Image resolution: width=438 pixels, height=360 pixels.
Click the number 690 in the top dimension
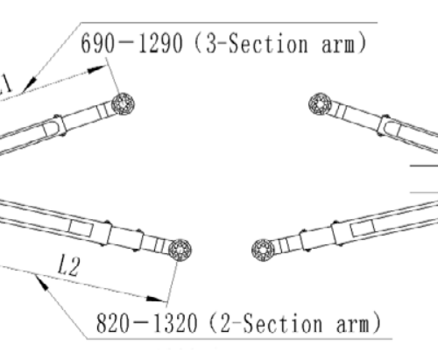[x=97, y=43]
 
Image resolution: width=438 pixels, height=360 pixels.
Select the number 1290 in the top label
[x=160, y=43]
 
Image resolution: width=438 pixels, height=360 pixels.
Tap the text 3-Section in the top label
[x=257, y=43]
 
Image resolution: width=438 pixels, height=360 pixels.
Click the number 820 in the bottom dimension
[x=113, y=322]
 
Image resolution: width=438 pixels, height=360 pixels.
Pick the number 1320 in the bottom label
[x=175, y=322]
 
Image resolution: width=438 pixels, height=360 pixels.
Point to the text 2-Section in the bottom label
[x=272, y=323]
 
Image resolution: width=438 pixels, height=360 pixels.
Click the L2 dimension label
[x=68, y=265]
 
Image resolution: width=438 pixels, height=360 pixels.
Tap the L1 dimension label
[x=5, y=85]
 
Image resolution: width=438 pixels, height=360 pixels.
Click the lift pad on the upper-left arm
[x=123, y=104]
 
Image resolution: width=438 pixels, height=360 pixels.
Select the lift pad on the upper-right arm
[x=320, y=104]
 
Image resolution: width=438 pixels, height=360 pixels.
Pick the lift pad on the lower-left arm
[x=180, y=251]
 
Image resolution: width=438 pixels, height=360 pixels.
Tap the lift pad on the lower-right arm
[x=263, y=251]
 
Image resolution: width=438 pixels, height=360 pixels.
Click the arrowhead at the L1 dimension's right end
[x=97, y=69]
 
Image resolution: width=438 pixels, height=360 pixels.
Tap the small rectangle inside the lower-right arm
[x=363, y=228]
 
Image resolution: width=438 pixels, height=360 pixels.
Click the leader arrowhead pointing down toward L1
[x=30, y=84]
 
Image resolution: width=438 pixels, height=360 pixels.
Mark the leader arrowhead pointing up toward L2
[x=41, y=283]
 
